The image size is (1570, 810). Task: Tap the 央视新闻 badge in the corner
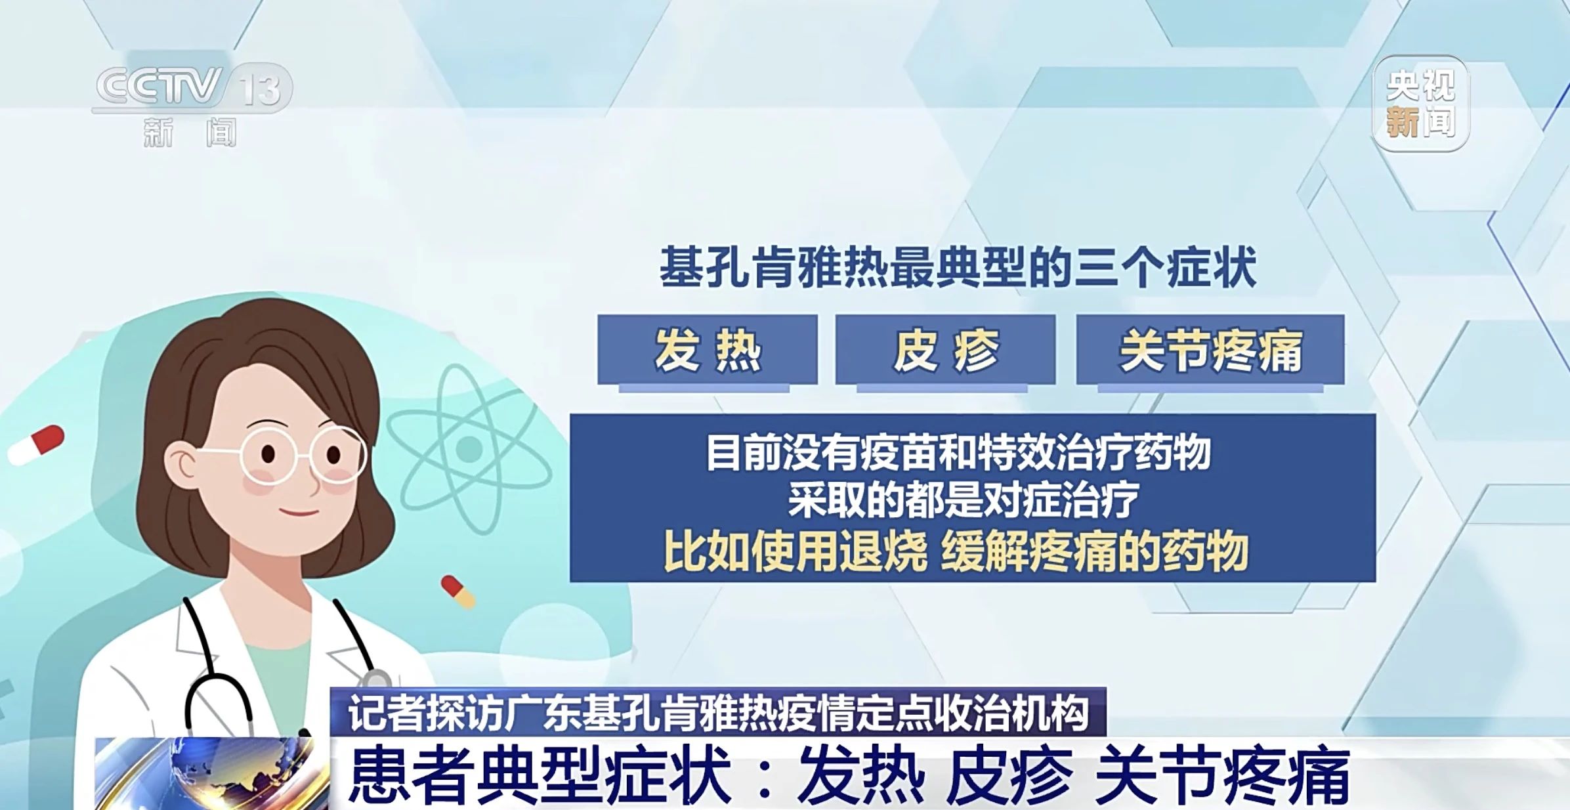tap(1420, 104)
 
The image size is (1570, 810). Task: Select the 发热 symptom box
tap(707, 350)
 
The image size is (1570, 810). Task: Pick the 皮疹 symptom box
tap(945, 350)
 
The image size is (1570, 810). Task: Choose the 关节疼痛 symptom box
tap(1210, 350)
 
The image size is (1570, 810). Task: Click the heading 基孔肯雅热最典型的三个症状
tap(958, 268)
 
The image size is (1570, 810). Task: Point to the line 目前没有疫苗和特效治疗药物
tap(958, 452)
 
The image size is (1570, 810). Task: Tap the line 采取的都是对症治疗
tap(964, 500)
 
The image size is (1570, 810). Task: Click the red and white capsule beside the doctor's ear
tap(36, 445)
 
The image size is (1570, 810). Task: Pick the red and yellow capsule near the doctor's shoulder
tap(457, 591)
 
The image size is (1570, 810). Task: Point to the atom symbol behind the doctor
tap(469, 449)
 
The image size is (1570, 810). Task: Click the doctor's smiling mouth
tap(299, 511)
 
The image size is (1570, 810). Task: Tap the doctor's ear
tap(181, 463)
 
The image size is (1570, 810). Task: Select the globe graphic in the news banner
tap(213, 773)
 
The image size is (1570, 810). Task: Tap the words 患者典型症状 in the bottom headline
tap(540, 776)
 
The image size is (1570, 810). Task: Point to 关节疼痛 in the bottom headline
tap(1222, 776)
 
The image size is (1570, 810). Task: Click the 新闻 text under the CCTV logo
tap(190, 133)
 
